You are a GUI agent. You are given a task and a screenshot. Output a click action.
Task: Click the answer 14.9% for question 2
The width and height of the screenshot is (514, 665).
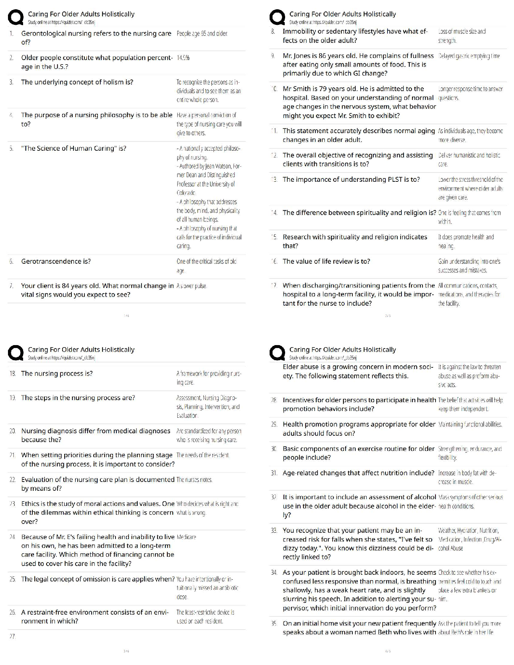(x=183, y=58)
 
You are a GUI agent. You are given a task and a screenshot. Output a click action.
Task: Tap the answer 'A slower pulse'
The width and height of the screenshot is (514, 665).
(x=192, y=286)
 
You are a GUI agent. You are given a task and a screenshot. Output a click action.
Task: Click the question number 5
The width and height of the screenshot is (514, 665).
(x=12, y=149)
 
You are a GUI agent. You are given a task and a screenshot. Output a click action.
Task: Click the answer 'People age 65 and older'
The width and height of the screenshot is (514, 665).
(x=202, y=34)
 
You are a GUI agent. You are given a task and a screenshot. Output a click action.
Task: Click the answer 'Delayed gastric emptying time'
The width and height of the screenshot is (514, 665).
(x=469, y=56)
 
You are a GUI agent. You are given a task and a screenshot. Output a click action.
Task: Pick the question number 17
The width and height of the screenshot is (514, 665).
(x=274, y=286)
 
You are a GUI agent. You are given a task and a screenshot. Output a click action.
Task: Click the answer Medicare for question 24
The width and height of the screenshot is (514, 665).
(x=186, y=537)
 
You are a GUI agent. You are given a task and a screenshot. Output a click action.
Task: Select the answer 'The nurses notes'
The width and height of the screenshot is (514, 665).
(x=194, y=480)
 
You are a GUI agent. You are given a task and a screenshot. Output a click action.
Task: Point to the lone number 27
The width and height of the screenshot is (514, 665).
(x=12, y=636)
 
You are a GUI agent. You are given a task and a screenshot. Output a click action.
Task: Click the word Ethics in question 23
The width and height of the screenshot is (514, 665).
(x=31, y=504)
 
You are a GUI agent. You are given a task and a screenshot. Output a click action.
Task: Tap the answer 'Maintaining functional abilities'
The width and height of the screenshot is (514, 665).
(x=470, y=424)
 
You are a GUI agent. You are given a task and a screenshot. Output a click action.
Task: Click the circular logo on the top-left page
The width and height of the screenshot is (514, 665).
(x=16, y=18)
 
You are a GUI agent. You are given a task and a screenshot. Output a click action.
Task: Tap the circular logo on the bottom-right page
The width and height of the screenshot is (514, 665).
(x=277, y=353)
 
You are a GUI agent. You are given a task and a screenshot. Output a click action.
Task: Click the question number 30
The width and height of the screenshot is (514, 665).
(x=274, y=449)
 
